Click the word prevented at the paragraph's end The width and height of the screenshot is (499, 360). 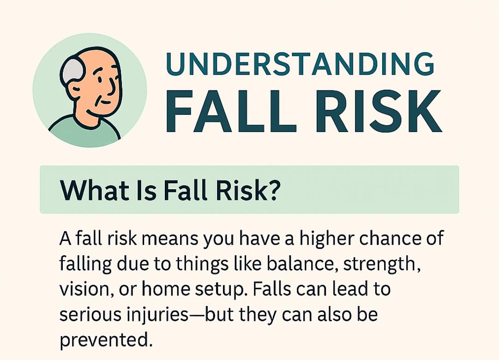pos(106,341)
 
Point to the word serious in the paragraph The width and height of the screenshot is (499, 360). pos(92,314)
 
